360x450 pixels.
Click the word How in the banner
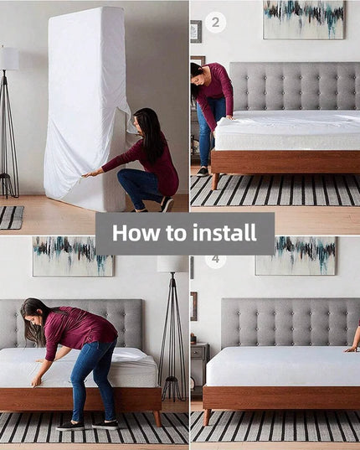pos(136,232)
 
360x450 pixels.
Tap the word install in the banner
pos(224,232)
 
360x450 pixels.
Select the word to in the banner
pos(176,233)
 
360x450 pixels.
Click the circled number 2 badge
pos(215,22)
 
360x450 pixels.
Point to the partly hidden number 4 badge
pos(215,260)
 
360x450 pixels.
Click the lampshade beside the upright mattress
pos(9,59)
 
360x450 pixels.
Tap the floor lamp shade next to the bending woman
pos(172,264)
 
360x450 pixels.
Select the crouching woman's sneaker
pos(167,204)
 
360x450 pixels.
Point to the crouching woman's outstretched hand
pos(89,174)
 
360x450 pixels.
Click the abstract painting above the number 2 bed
pos(304,19)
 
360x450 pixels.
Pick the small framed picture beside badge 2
pos(196,32)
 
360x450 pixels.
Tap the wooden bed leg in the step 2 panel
pos(215,181)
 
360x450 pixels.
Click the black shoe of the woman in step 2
pos(203,172)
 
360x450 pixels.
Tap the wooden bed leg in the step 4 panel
pos(207,417)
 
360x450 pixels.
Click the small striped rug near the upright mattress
pos(12,218)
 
